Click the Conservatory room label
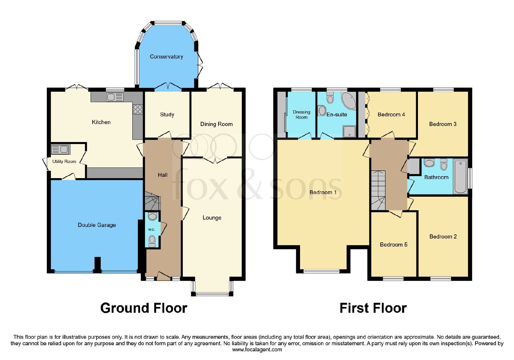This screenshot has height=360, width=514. [x=166, y=57]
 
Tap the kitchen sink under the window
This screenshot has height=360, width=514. [x=115, y=97]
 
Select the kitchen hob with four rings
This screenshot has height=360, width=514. [x=138, y=109]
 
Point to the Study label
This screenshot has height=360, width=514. [x=167, y=114]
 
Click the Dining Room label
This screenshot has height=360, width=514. [x=217, y=124]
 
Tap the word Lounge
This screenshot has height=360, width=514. [x=212, y=218]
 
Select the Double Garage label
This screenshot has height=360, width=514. [x=97, y=225]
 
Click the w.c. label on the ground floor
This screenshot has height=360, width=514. [x=151, y=230]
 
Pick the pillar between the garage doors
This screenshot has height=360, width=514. [x=98, y=265]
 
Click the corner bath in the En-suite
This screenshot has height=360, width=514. [x=349, y=101]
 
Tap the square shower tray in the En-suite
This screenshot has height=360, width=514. [x=349, y=131]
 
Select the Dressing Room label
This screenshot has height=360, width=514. [x=301, y=114]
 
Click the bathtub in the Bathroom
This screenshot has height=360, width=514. [x=460, y=177]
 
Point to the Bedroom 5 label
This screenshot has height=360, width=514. [x=394, y=245]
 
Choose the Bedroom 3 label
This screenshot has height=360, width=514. [x=443, y=124]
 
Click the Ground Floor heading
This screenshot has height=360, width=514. [x=144, y=308]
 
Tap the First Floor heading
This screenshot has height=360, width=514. [x=373, y=308]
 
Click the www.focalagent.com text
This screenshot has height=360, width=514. [x=257, y=350]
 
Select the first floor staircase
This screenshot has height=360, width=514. [x=378, y=190]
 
